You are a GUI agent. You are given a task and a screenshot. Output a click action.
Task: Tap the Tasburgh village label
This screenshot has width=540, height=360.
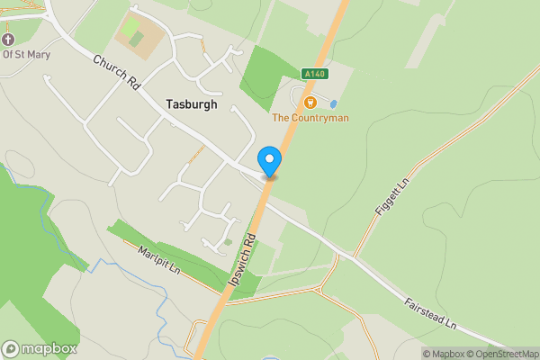point(192,104)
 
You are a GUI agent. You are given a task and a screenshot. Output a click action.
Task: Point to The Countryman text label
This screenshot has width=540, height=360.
point(310,118)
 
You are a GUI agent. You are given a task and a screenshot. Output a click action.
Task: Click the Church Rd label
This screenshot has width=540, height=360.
point(117,73)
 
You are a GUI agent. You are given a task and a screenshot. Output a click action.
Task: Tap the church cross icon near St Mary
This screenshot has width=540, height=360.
point(9,40)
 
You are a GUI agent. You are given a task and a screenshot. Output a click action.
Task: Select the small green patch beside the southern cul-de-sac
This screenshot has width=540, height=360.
point(228,241)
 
